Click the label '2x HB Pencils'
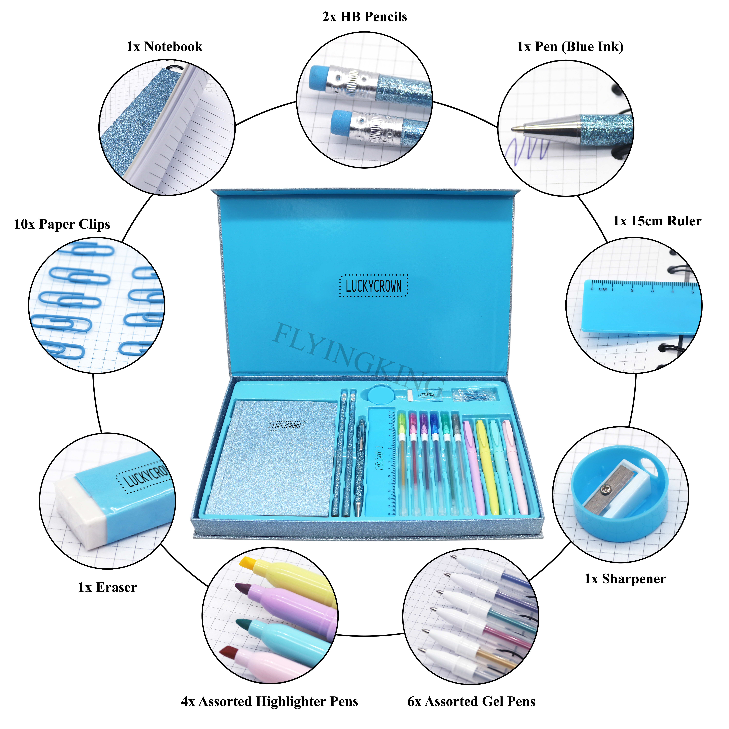coord(364,17)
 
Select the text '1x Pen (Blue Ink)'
coord(570,47)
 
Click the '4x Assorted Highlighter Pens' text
coord(269,702)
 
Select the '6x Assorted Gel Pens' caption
coord(471,702)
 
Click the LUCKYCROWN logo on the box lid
coord(374,286)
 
